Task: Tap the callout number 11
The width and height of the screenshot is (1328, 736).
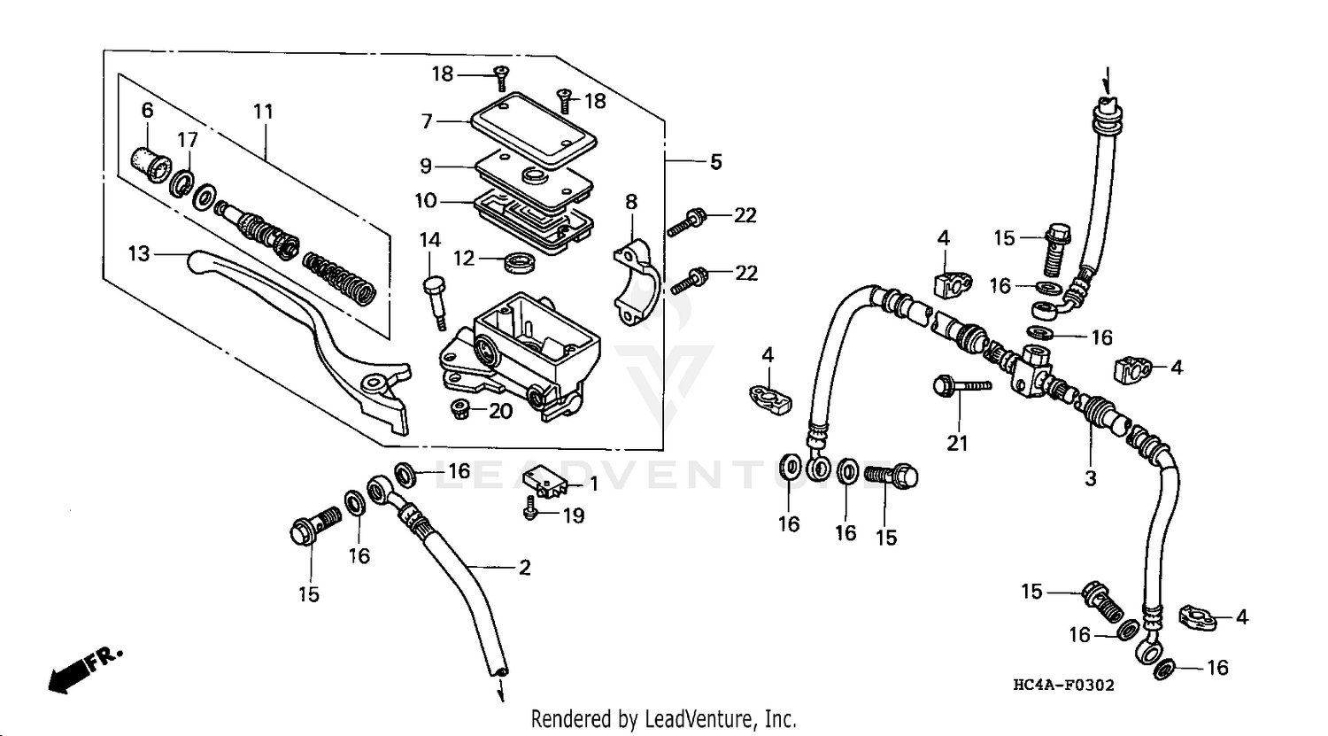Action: (263, 112)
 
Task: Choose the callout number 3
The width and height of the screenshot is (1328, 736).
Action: (1091, 478)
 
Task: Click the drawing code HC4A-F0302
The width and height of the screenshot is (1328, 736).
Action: (1063, 685)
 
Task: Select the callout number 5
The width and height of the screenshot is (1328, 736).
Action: (715, 161)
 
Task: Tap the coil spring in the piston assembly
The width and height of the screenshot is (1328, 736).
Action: (340, 275)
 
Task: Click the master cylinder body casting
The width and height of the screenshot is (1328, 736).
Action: (522, 354)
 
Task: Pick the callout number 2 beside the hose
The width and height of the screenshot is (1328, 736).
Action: (524, 568)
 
